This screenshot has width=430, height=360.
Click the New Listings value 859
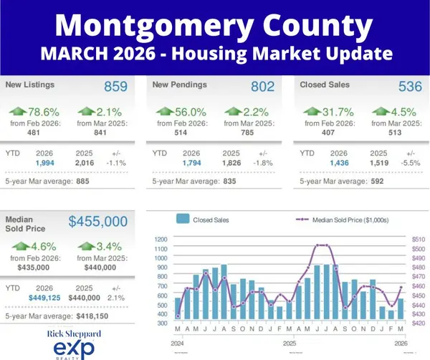pyautogui.click(x=115, y=86)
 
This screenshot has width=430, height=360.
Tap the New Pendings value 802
pyautogui.click(x=262, y=86)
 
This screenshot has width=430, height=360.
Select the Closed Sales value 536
pyautogui.click(x=411, y=86)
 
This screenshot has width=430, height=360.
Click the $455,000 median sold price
pyautogui.click(x=98, y=222)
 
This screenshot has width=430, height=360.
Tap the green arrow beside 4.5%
pyautogui.click(x=381, y=111)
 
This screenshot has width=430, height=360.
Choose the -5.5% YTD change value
pyautogui.click(x=411, y=164)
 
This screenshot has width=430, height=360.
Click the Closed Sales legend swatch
pyautogui.click(x=182, y=219)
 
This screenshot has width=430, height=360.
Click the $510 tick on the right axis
pyautogui.click(x=417, y=238)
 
